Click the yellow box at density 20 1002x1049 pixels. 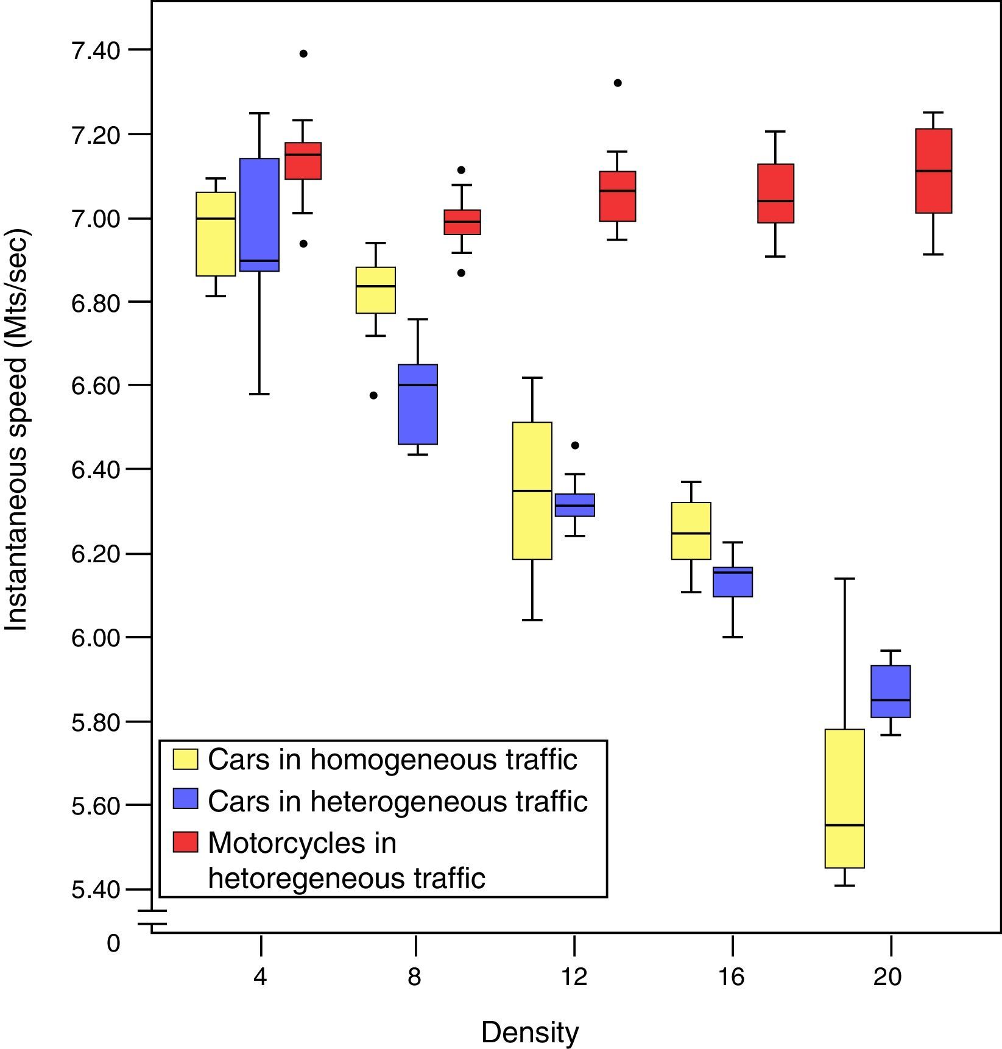pos(844,798)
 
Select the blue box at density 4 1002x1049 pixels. pos(259,214)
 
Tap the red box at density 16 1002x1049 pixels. pos(775,193)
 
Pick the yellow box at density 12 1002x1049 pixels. pos(532,490)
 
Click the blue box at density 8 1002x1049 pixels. pos(418,404)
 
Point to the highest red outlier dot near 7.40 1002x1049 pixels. pos(303,54)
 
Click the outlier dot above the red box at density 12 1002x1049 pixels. pos(618,83)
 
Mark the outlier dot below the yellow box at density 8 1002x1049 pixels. pos(374,395)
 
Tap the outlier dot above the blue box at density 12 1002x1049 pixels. pos(575,445)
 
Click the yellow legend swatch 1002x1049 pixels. pos(185,759)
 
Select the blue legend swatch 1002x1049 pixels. pos(185,799)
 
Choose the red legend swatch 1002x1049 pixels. pos(185,842)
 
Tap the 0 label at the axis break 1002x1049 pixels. pos(113,943)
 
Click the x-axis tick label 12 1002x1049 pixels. pos(574,977)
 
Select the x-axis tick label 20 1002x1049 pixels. pos(887,977)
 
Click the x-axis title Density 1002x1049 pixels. pos(529,1032)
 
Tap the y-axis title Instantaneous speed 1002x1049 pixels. pos(17,429)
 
